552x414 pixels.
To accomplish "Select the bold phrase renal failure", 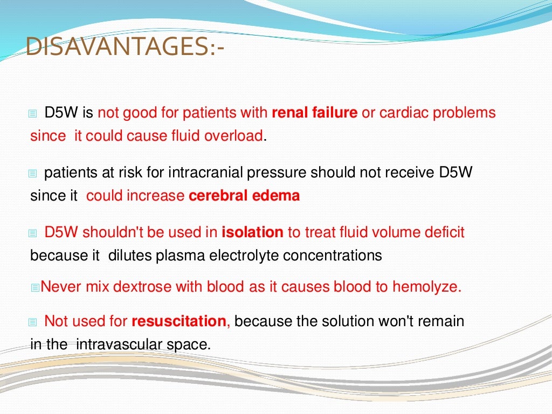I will coord(314,113).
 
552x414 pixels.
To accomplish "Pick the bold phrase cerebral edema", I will coord(244,196).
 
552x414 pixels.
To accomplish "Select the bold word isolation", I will coord(252,233).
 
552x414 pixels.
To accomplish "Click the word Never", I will coord(60,287).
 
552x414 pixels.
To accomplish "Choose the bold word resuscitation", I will coord(179,321).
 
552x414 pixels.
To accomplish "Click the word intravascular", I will coord(118,344).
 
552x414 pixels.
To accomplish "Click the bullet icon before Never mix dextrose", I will coord(36,288).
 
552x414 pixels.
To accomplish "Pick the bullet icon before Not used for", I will coord(32,322).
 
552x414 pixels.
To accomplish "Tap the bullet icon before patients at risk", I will coord(32,174).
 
